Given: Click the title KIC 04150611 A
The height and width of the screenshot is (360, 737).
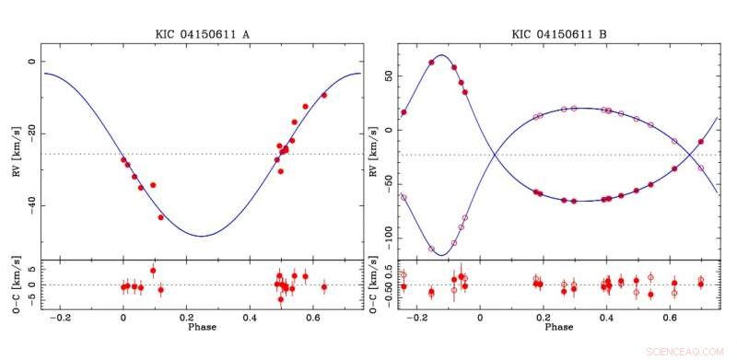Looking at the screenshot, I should pyautogui.click(x=203, y=35).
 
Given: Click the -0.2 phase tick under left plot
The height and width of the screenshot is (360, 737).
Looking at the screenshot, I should pyautogui.click(x=61, y=317).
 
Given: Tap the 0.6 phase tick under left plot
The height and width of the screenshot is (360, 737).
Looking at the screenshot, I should pyautogui.click(x=310, y=317).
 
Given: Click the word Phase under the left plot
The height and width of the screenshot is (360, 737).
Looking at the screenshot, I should pyautogui.click(x=204, y=327).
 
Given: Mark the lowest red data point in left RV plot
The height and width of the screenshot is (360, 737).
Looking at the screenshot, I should pyautogui.click(x=161, y=217).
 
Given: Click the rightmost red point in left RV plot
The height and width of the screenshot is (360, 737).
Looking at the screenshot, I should pyautogui.click(x=324, y=95).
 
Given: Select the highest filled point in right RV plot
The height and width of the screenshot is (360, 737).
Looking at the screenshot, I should pyautogui.click(x=431, y=63).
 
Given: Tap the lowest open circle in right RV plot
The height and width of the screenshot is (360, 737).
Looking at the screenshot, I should pyautogui.click(x=431, y=249).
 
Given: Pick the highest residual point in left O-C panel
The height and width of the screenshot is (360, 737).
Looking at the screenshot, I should pyautogui.click(x=153, y=271).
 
